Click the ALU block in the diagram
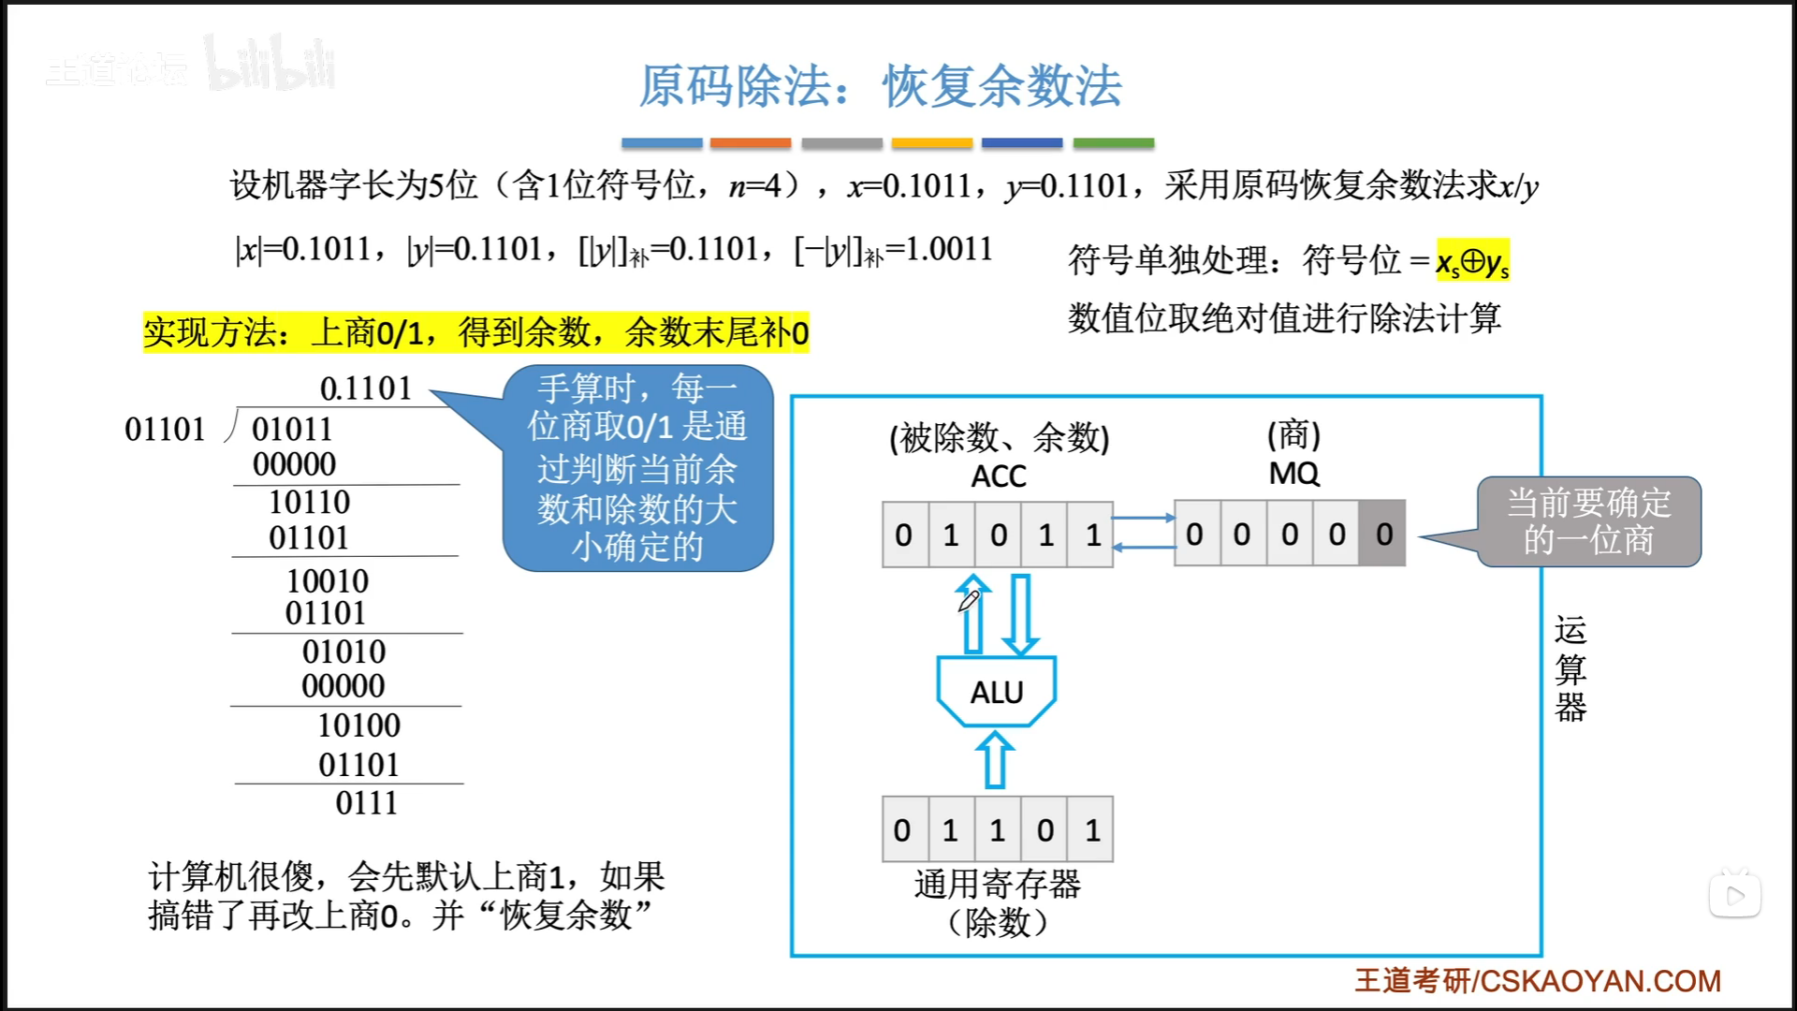(x=997, y=692)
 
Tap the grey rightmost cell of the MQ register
(x=1383, y=534)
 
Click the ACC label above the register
(x=998, y=476)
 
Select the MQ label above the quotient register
(x=1293, y=474)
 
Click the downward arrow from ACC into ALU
(x=1020, y=614)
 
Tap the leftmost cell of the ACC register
(x=904, y=535)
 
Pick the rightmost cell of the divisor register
(x=1091, y=829)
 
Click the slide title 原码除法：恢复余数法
(x=880, y=86)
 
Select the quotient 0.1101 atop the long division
(x=366, y=388)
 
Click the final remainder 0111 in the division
(x=366, y=803)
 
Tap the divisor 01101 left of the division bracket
(x=165, y=430)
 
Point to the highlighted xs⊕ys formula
(x=1472, y=261)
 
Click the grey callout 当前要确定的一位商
(x=1588, y=521)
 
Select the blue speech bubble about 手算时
(x=638, y=467)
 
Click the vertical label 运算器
(x=1570, y=668)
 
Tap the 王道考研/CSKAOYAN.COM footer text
(x=1537, y=980)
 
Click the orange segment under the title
(x=751, y=143)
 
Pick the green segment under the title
(x=1113, y=143)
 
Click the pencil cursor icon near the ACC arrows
(x=969, y=599)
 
